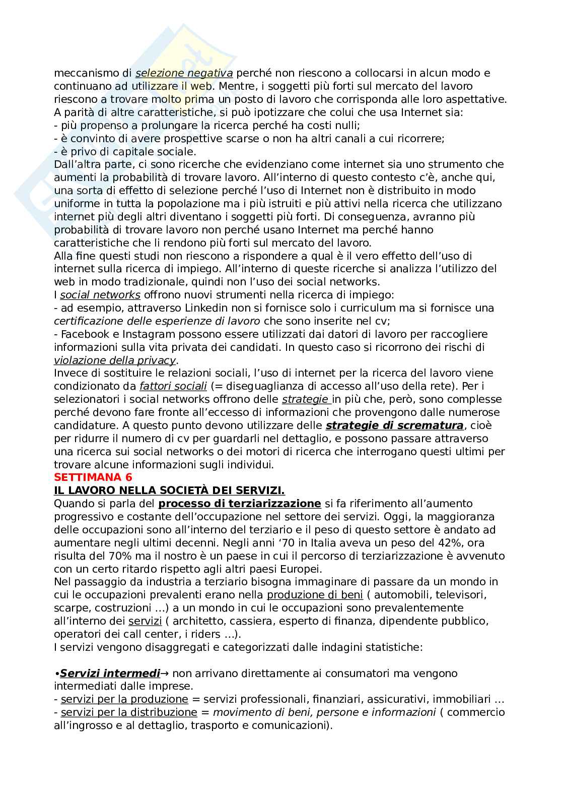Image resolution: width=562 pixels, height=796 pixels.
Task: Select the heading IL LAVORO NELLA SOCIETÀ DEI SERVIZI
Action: (x=169, y=491)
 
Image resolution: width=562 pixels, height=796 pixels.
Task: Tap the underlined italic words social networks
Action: (x=100, y=295)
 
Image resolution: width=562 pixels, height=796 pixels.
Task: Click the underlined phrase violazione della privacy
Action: (x=115, y=360)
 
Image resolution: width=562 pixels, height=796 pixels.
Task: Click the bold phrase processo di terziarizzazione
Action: (x=240, y=504)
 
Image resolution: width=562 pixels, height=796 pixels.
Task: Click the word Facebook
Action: (x=84, y=334)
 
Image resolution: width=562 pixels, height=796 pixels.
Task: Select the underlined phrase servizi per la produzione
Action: (x=124, y=699)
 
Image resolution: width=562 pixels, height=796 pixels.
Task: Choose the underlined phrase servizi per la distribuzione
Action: (x=129, y=712)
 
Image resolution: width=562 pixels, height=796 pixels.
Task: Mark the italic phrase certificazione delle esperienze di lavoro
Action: (x=157, y=321)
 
